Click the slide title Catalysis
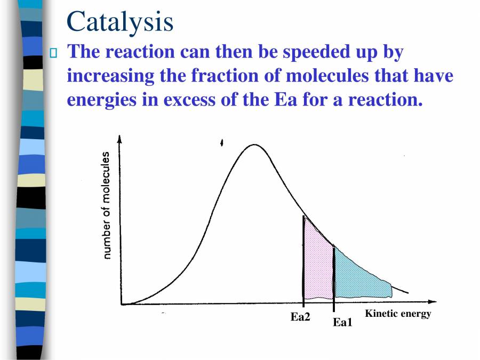pyautogui.click(x=120, y=21)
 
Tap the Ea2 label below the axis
pyautogui.click(x=300, y=317)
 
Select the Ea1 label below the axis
pyautogui.click(x=343, y=322)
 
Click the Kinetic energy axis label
pyautogui.click(x=397, y=314)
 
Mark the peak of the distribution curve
pyautogui.click(x=254, y=145)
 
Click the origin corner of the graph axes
pyautogui.click(x=121, y=305)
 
